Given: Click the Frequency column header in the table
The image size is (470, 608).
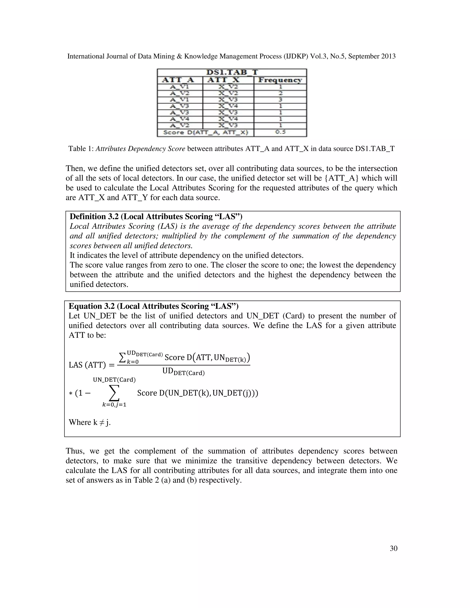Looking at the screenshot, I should click(x=280, y=80).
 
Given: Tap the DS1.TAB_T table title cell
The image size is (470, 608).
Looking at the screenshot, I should click(x=232, y=72).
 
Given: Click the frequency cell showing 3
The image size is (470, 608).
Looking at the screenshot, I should click(x=280, y=100).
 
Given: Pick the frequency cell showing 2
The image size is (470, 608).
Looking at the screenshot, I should click(x=280, y=93).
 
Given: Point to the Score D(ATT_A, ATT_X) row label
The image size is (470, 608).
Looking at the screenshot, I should click(x=205, y=133).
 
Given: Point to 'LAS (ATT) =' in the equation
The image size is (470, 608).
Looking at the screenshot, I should click(x=92, y=365).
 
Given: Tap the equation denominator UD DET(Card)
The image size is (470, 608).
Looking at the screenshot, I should click(x=183, y=372).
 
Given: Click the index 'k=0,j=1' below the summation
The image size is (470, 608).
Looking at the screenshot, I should click(x=114, y=405).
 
